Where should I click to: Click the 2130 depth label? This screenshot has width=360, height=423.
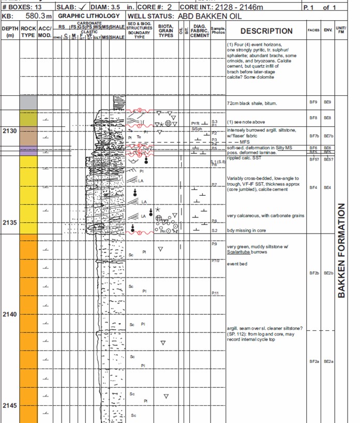(x=9, y=131)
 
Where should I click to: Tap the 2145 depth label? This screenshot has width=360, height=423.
(x=9, y=405)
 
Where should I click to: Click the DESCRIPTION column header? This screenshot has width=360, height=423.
(x=266, y=31)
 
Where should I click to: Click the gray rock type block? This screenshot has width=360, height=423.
(x=28, y=103)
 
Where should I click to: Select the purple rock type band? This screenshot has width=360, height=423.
(x=28, y=151)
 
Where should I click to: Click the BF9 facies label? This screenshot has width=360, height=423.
(x=312, y=103)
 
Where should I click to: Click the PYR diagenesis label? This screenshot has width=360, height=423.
(x=195, y=124)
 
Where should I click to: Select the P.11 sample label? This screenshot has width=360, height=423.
(x=216, y=294)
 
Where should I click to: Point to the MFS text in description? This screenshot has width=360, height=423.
(x=245, y=141)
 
